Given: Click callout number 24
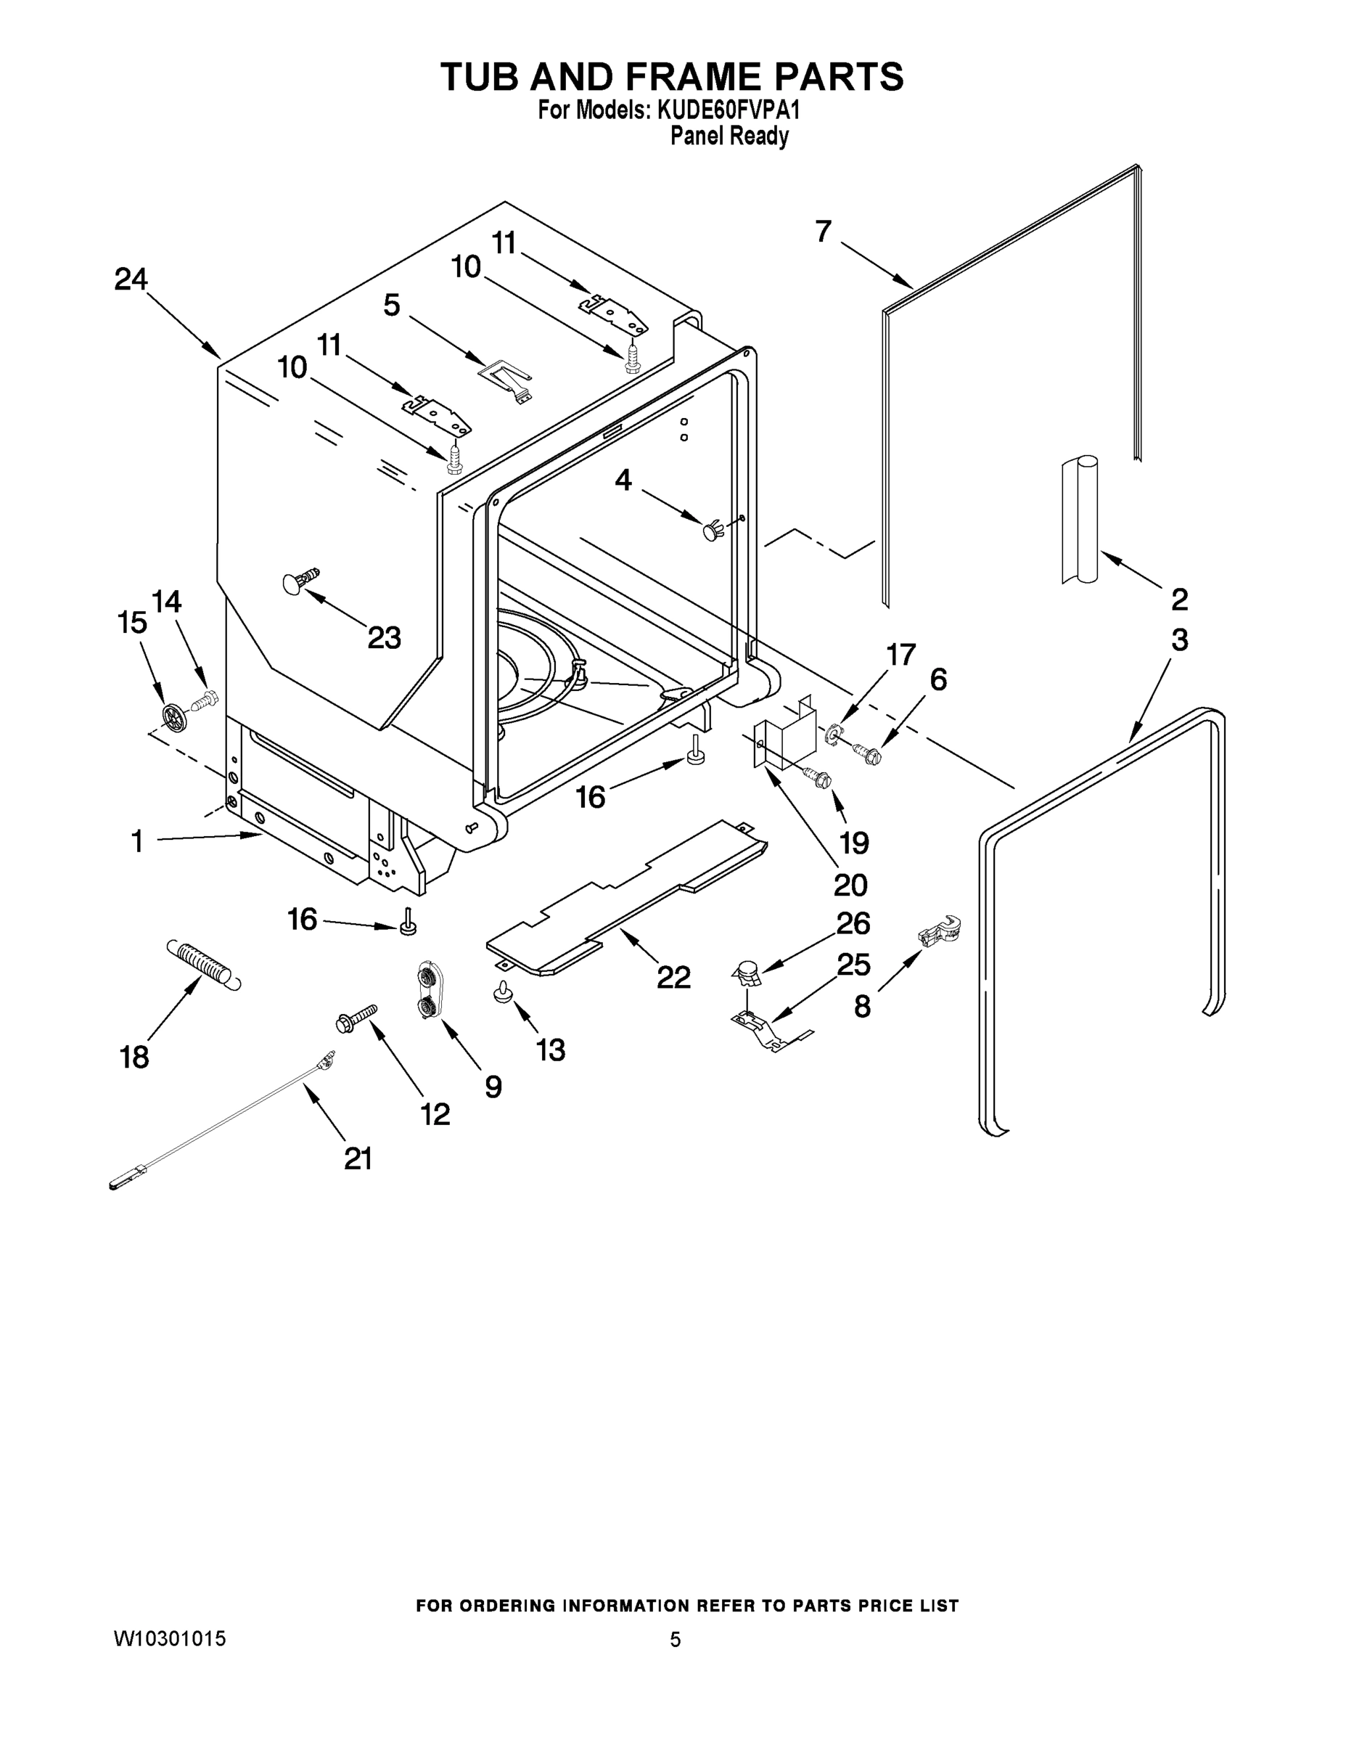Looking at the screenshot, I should [131, 279].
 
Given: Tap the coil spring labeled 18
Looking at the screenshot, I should [202, 965].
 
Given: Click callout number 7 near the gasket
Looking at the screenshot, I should [823, 232].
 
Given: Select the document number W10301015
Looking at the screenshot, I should [169, 1640].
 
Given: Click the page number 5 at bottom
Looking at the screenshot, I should [675, 1640].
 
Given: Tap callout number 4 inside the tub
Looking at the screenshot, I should [623, 481].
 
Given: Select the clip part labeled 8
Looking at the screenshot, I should [940, 932].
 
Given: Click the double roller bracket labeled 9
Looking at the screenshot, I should [428, 990].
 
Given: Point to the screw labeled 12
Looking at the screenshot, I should [356, 1018].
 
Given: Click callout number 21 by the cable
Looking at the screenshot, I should [358, 1158].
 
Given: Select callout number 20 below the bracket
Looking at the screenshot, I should [850, 884].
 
